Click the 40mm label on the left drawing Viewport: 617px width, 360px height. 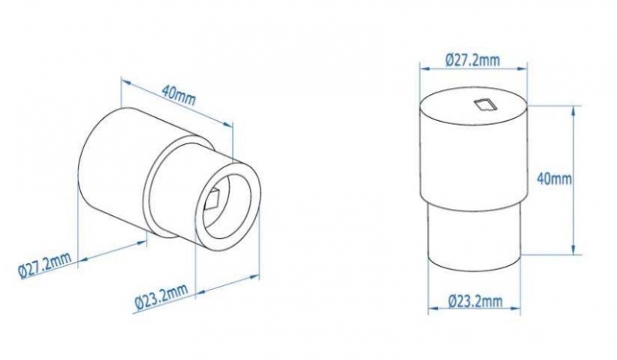tap(178, 96)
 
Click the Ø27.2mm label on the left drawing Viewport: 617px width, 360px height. tap(46, 265)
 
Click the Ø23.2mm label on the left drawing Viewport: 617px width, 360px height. tap(160, 298)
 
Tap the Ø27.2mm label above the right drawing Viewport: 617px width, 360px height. tap(473, 60)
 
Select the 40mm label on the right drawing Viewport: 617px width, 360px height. tap(554, 179)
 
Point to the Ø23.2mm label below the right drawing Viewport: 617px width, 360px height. tap(475, 301)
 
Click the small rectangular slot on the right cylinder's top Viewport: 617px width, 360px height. tap(484, 105)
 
